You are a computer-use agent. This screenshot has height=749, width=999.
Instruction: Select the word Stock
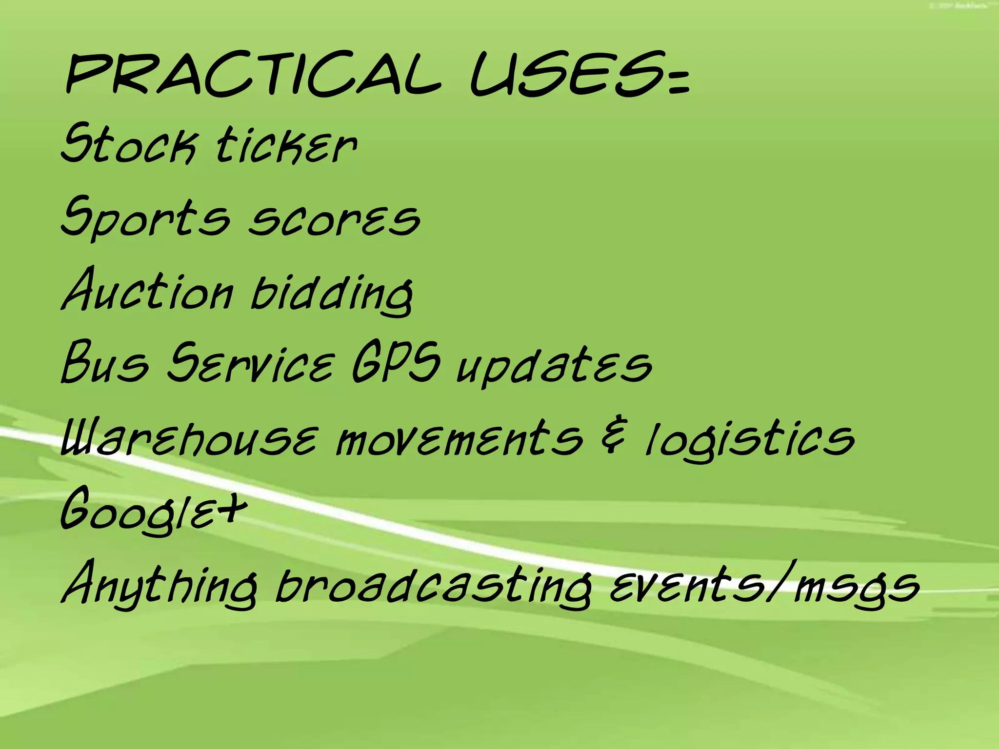(x=129, y=144)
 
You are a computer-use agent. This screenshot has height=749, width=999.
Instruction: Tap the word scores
(x=334, y=220)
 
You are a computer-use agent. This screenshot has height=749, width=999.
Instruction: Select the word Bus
(x=105, y=363)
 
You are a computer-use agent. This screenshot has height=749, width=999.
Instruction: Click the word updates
(x=554, y=366)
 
